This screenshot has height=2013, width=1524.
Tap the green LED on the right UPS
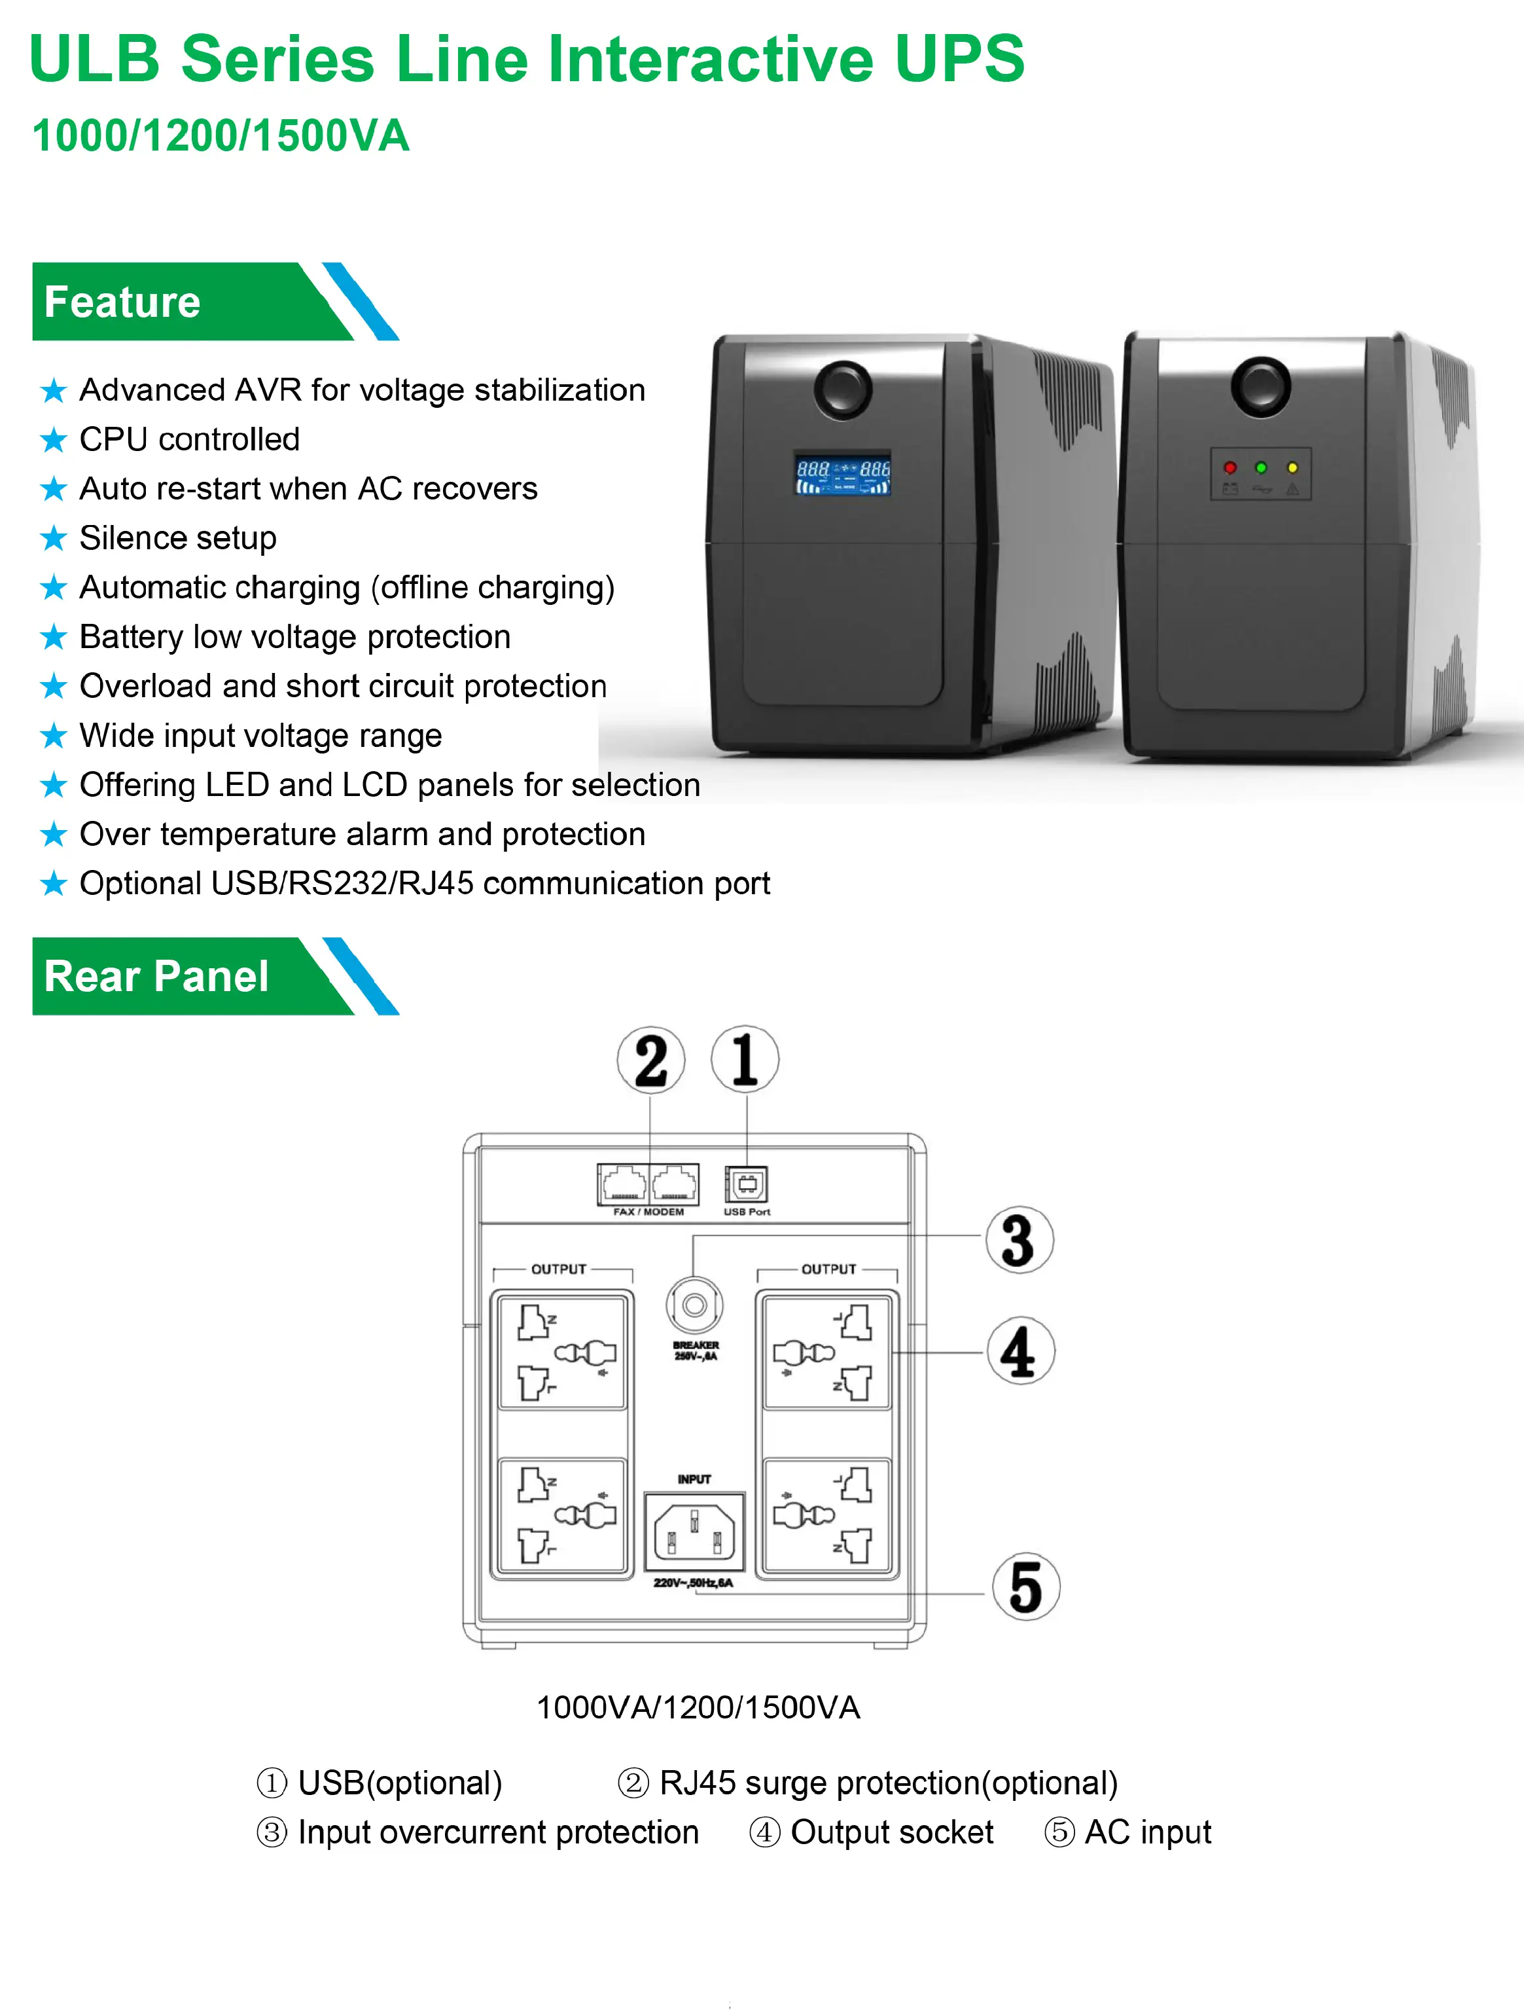[x=1261, y=468]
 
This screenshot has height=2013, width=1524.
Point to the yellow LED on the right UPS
[x=1292, y=468]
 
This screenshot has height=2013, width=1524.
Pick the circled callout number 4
[x=1020, y=1351]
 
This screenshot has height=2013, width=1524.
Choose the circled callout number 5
[x=1025, y=1587]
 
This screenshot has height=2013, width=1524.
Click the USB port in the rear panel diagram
[x=746, y=1184]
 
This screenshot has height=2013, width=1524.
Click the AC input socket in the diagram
[x=694, y=1532]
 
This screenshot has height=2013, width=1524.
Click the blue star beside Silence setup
[x=54, y=539]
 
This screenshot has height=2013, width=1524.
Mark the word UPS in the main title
[x=959, y=59]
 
